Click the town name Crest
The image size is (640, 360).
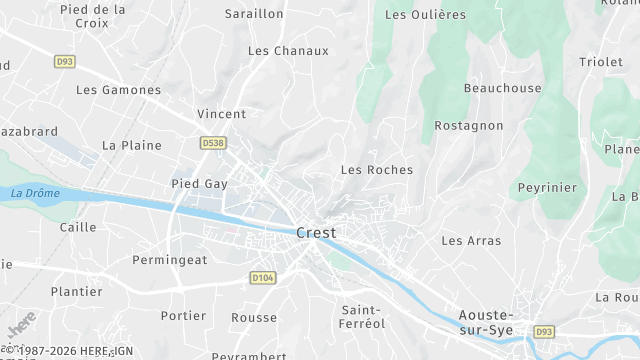pyautogui.click(x=316, y=233)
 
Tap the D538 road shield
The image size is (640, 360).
pyautogui.click(x=212, y=143)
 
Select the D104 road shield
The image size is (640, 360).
pyautogui.click(x=262, y=277)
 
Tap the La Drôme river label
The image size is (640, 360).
pyautogui.click(x=35, y=193)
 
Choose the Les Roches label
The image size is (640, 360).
pyautogui.click(x=376, y=170)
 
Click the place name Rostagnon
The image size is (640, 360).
pyautogui.click(x=468, y=126)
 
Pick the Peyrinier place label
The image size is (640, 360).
pyautogui.click(x=547, y=188)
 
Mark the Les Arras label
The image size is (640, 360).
pyautogui.click(x=471, y=241)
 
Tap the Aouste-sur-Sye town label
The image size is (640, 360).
pyautogui.click(x=485, y=321)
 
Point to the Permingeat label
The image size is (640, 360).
pyautogui.click(x=170, y=260)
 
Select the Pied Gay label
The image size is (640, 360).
pyautogui.click(x=200, y=184)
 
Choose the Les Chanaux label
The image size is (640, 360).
pyautogui.click(x=288, y=51)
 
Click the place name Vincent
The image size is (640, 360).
pyautogui.click(x=221, y=114)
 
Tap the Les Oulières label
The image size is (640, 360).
pyautogui.click(x=425, y=15)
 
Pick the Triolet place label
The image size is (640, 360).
pyautogui.click(x=600, y=62)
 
